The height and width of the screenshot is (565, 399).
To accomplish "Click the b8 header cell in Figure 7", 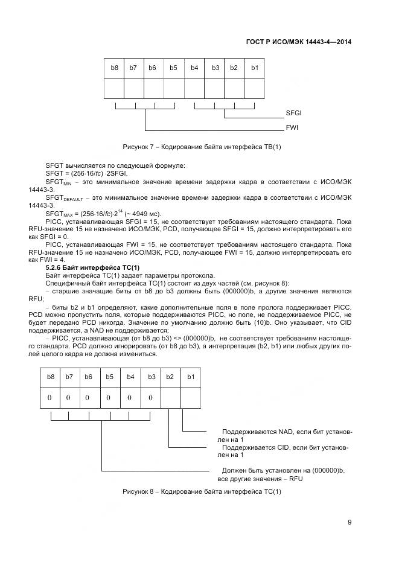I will point(114,68).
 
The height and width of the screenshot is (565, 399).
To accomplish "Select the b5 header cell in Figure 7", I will point(173,68).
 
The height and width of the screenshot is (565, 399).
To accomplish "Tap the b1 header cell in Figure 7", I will point(254,68).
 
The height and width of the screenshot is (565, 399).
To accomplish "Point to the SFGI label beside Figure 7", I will point(293,113).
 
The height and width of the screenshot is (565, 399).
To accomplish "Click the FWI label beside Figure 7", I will point(292,128).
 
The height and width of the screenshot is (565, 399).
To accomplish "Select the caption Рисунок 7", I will point(202,147).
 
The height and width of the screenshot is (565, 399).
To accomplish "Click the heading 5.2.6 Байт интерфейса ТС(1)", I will point(92,267).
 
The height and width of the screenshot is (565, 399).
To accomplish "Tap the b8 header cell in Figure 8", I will point(51,377).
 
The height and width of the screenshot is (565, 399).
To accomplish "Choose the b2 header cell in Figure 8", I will point(170,377).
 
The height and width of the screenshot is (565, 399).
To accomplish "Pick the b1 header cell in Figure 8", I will point(191,377).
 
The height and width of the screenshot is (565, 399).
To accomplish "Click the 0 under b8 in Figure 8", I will point(51,398).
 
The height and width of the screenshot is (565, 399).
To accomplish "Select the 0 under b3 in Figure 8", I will point(151,398).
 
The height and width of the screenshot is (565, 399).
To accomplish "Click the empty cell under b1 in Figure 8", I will point(191,398).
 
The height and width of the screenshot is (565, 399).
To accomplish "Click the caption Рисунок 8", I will point(202,492).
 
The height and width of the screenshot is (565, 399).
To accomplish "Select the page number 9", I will point(350,523).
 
